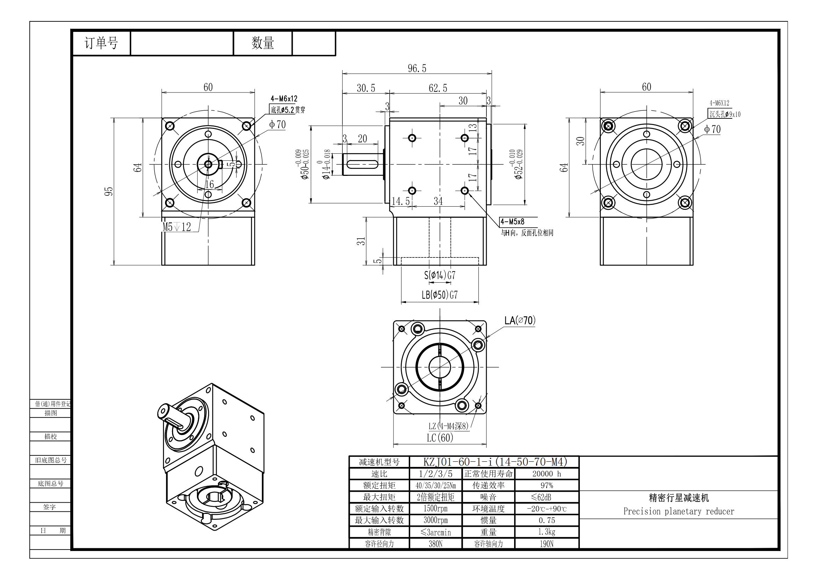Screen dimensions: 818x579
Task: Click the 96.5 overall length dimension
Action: pyautogui.click(x=417, y=68)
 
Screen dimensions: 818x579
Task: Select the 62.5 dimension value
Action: pyautogui.click(x=438, y=88)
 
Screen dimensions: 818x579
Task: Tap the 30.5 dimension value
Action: pyautogui.click(x=366, y=88)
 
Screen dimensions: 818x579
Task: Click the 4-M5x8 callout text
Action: pyautogui.click(x=512, y=221)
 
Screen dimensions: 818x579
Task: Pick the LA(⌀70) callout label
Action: pyautogui.click(x=520, y=320)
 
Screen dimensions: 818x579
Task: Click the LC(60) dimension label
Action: pyautogui.click(x=440, y=438)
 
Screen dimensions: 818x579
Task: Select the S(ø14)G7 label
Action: pyautogui.click(x=440, y=275)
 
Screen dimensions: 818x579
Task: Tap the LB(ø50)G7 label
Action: pyautogui.click(x=440, y=295)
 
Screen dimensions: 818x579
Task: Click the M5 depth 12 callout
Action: pyautogui.click(x=177, y=227)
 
